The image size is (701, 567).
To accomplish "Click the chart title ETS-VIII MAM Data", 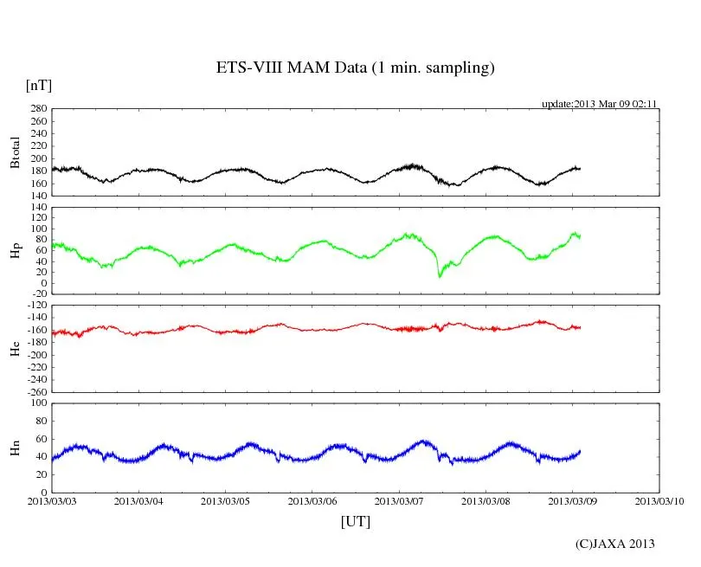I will tap(355, 68).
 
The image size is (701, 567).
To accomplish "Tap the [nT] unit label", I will tap(39, 85).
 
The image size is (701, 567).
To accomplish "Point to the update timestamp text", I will tap(600, 104).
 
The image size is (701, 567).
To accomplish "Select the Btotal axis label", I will tap(15, 152).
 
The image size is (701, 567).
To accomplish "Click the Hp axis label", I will tap(15, 250).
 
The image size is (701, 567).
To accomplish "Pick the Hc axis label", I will tap(15, 348).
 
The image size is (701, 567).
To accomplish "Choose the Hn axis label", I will tap(15, 448).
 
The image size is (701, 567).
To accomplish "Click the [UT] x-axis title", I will tap(355, 521).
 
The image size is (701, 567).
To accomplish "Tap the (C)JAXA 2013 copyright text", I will tap(615, 544).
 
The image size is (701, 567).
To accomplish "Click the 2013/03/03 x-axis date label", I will tap(52, 501).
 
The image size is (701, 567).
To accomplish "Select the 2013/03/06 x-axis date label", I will tap(312, 501).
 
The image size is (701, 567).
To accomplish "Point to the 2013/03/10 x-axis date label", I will tap(659, 501).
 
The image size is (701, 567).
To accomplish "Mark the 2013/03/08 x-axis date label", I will tap(486, 501).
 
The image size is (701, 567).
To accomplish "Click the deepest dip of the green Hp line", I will tap(440, 276).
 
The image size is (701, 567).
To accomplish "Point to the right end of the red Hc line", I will tap(580, 327).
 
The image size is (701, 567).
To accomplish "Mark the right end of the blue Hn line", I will tap(580, 451).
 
